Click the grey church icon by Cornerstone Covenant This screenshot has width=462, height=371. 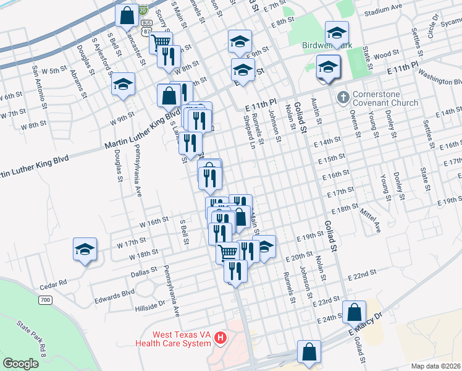point(342,98)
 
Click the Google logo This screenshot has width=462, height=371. point(20,364)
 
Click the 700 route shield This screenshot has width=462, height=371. point(44,301)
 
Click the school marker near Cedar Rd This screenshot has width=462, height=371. point(85,249)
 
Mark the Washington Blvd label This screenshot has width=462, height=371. point(440,77)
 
